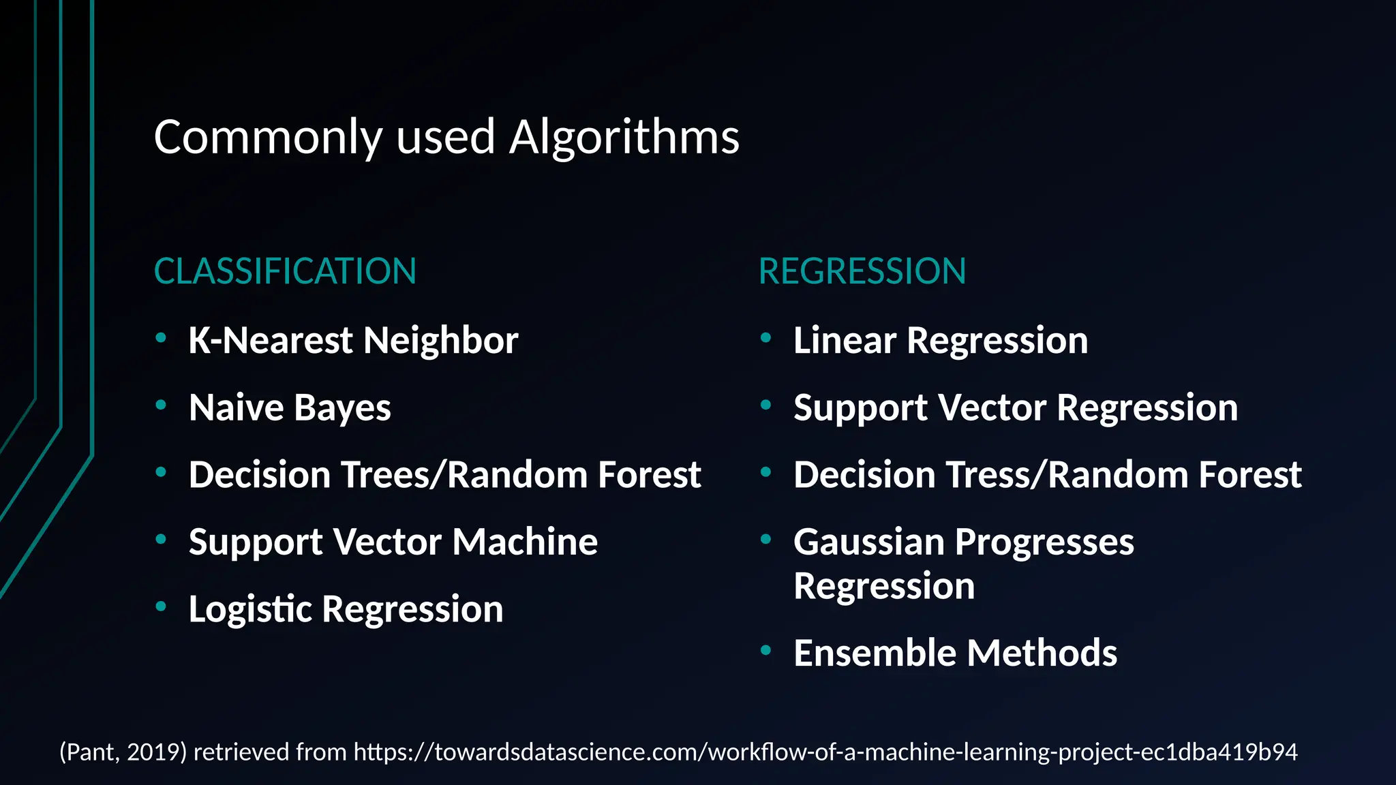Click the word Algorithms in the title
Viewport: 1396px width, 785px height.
pyautogui.click(x=624, y=138)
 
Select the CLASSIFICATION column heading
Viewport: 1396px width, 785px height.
pyautogui.click(x=285, y=271)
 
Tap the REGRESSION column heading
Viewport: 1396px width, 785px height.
pyautogui.click(x=862, y=271)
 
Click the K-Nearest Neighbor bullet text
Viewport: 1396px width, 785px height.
pyautogui.click(x=353, y=340)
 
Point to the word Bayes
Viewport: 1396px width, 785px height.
pyautogui.click(x=342, y=408)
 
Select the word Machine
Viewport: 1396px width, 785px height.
pyautogui.click(x=525, y=542)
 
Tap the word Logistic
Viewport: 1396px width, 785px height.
pyautogui.click(x=251, y=609)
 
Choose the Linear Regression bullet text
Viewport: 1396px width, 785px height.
pyautogui.click(x=941, y=340)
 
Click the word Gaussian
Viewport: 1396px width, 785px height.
pyautogui.click(x=869, y=542)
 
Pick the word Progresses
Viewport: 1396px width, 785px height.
pyautogui.click(x=1044, y=542)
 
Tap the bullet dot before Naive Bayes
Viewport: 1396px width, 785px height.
pyautogui.click(x=161, y=405)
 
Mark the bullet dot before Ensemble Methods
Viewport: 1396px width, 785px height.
pyautogui.click(x=765, y=651)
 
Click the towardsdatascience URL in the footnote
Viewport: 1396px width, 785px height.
pyautogui.click(x=825, y=752)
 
